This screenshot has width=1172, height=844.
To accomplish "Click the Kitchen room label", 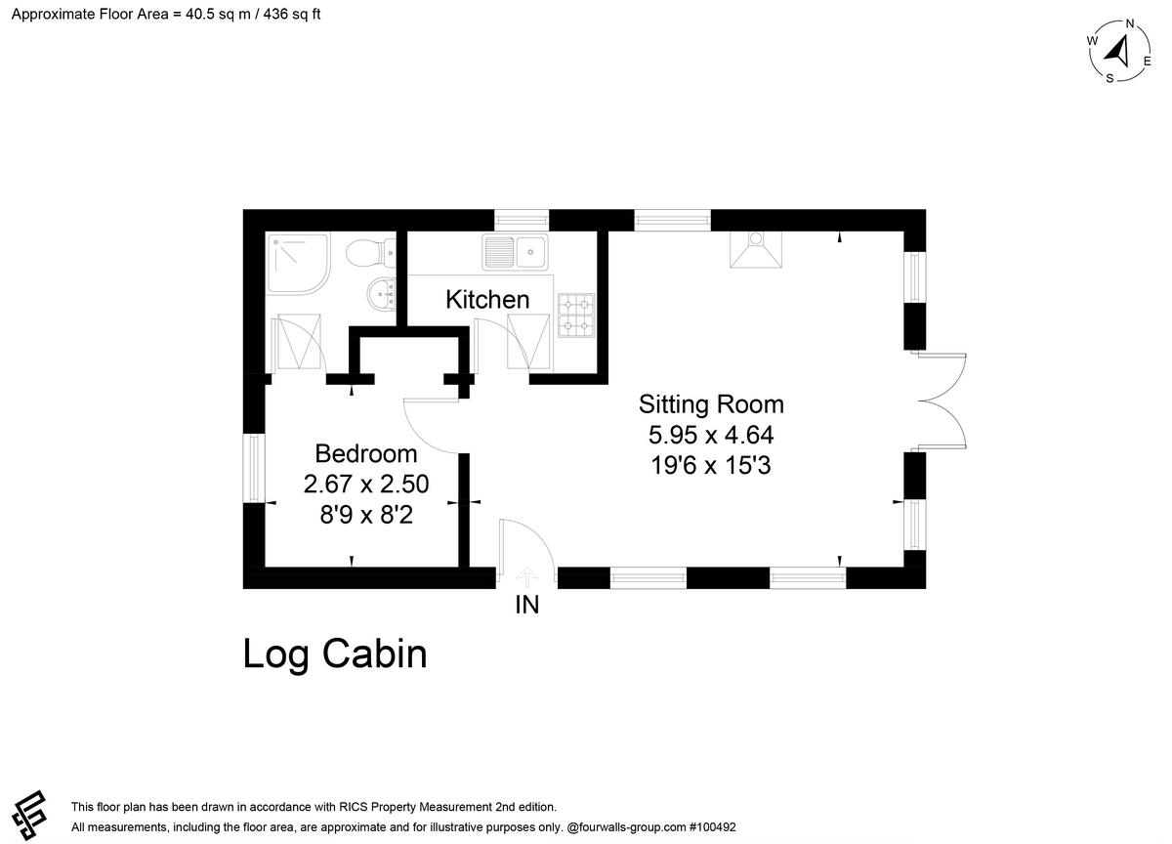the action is [487, 300].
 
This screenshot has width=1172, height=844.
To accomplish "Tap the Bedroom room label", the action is [365, 453].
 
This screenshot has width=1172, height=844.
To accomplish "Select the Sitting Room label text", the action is [711, 404].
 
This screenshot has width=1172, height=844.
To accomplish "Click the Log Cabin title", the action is [335, 654].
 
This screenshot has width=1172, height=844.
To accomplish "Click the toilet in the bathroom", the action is [370, 252].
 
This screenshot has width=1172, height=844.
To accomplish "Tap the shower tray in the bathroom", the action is [299, 265].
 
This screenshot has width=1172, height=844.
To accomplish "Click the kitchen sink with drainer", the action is [516, 252].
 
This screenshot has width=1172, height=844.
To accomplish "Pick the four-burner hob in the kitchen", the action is [576, 315].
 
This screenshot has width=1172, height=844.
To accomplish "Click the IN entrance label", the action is [526, 605].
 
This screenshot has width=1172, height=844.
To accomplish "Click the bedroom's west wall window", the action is [254, 468].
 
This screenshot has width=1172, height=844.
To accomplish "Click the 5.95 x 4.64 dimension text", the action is [711, 435].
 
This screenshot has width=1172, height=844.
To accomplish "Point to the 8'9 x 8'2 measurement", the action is [366, 515].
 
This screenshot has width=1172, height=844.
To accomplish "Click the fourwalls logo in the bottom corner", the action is [30, 816].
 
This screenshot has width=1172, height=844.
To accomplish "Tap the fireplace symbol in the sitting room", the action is [756, 250].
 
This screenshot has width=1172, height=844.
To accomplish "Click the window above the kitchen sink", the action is [522, 221].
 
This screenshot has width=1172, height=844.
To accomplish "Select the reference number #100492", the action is [713, 827].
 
